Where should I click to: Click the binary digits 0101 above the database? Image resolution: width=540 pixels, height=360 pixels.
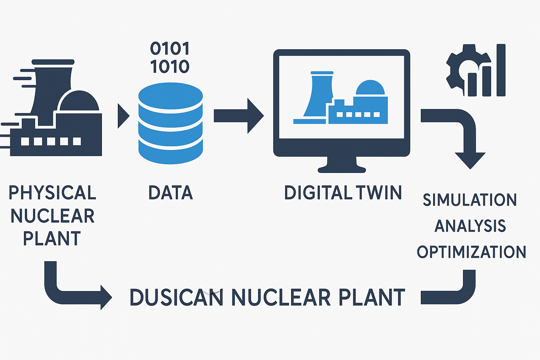click(x=170, y=49)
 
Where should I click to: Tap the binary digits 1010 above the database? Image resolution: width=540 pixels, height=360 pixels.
click(x=170, y=66)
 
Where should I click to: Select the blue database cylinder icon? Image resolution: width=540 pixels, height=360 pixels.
click(x=171, y=123)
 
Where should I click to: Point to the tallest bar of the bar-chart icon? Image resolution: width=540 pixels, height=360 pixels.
click(x=501, y=70)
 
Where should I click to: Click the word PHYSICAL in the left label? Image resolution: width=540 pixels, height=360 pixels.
click(x=52, y=193)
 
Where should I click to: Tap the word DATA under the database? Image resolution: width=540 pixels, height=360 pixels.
click(x=171, y=193)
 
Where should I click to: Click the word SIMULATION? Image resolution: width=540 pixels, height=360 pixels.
click(x=470, y=200)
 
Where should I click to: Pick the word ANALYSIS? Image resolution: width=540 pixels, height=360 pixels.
click(x=470, y=226)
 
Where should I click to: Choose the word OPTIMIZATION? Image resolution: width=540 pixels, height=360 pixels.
click(x=471, y=252)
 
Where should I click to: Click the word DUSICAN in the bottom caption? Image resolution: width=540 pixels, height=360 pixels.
click(x=176, y=297)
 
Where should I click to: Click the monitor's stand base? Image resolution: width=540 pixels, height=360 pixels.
click(x=342, y=169)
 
